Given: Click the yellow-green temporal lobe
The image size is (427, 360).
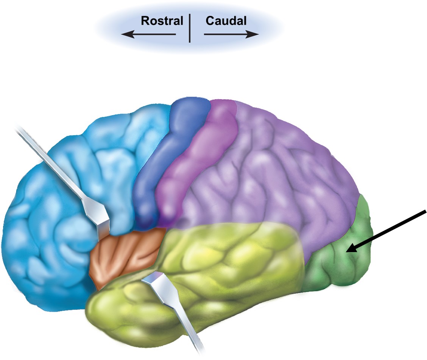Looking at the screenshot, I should click(x=227, y=265).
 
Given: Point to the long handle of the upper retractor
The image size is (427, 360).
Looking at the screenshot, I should click(x=53, y=163).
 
